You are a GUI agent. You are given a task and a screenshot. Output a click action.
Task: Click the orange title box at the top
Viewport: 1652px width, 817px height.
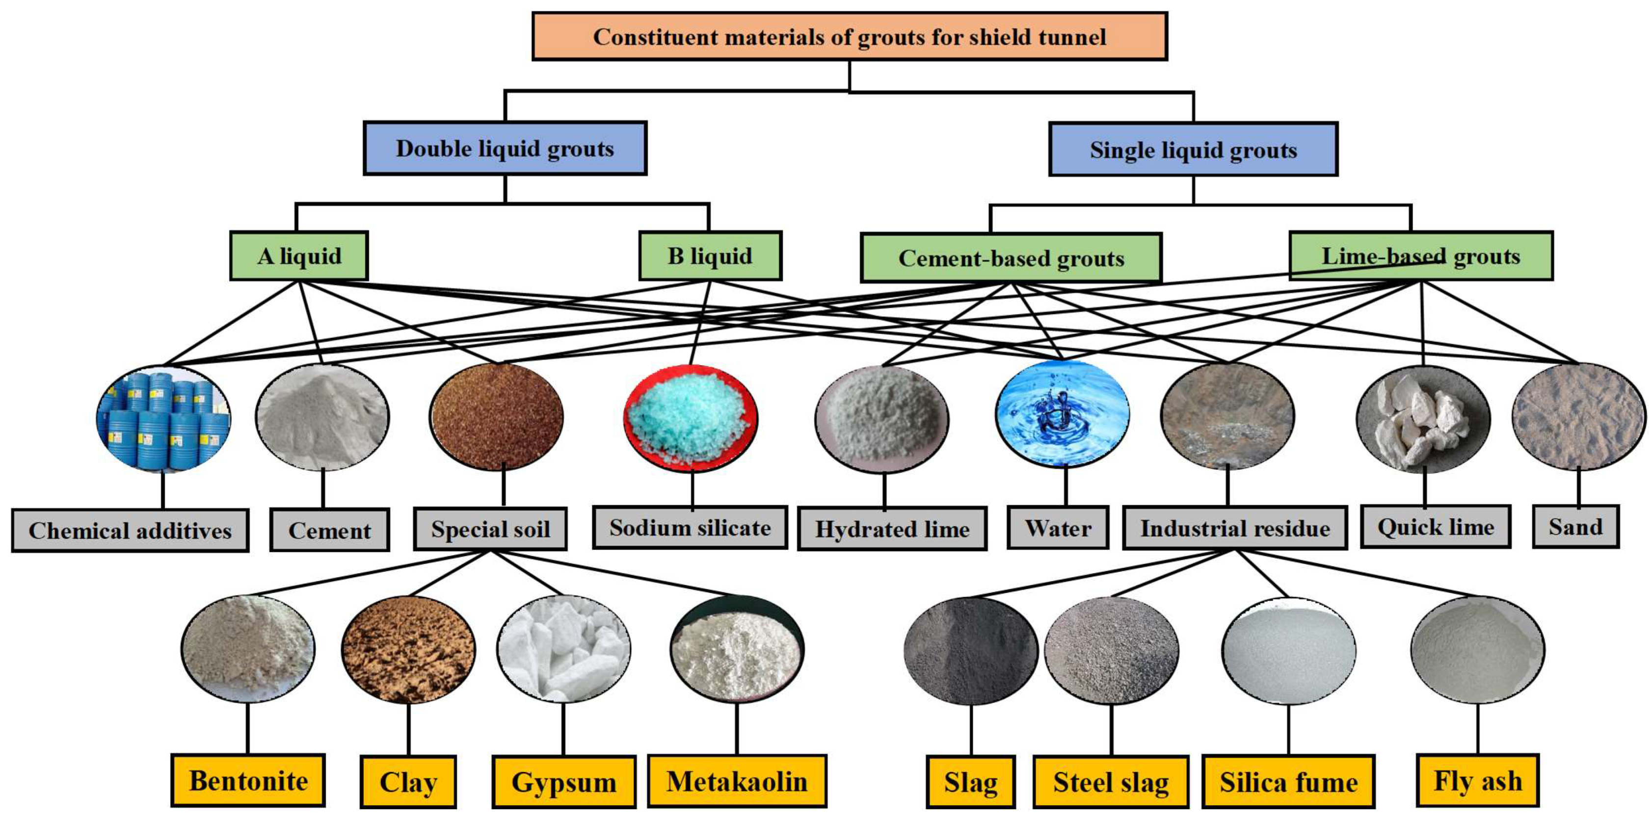[x=849, y=36]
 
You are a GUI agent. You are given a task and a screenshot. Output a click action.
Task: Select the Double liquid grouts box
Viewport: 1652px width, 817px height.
[x=505, y=148]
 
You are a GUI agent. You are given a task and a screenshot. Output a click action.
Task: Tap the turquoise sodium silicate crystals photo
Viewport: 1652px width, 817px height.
[x=691, y=417]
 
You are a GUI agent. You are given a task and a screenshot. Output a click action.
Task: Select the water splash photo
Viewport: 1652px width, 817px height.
[x=1062, y=413]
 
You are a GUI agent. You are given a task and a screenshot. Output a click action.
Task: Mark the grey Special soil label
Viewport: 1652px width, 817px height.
[x=490, y=529]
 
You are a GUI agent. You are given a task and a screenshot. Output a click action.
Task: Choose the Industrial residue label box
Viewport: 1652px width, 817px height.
[x=1234, y=529]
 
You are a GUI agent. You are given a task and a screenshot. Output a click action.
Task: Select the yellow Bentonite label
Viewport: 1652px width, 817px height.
[x=248, y=781]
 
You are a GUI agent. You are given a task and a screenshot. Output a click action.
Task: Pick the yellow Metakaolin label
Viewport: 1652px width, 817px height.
[x=736, y=781]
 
